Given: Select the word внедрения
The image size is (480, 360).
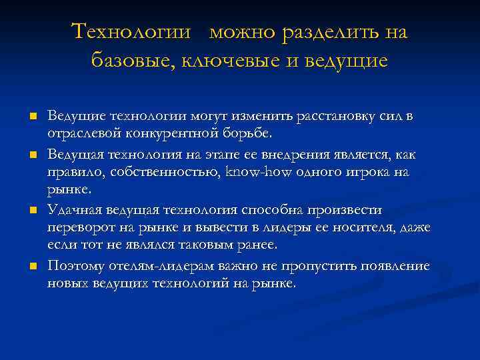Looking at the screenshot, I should click(291, 155).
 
